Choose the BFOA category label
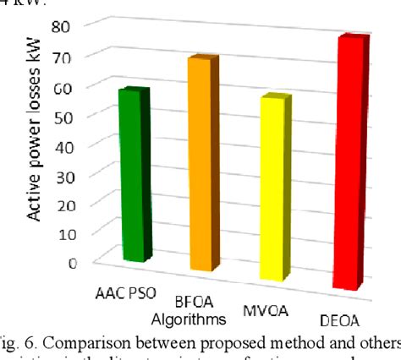197,305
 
